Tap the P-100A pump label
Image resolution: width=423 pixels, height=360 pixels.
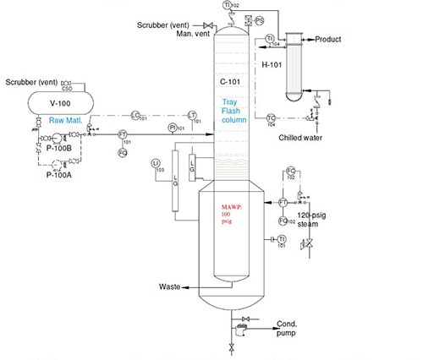pyautogui.click(x=58, y=176)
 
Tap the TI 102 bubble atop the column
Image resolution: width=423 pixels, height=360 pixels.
pyautogui.click(x=228, y=6)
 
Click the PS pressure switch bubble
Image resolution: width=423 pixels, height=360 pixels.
pyautogui.click(x=259, y=19)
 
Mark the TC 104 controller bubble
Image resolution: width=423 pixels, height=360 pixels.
pyautogui.click(x=271, y=117)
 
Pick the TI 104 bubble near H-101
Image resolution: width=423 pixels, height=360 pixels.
pyautogui.click(x=269, y=39)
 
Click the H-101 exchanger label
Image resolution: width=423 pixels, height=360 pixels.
pyautogui.click(x=271, y=64)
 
